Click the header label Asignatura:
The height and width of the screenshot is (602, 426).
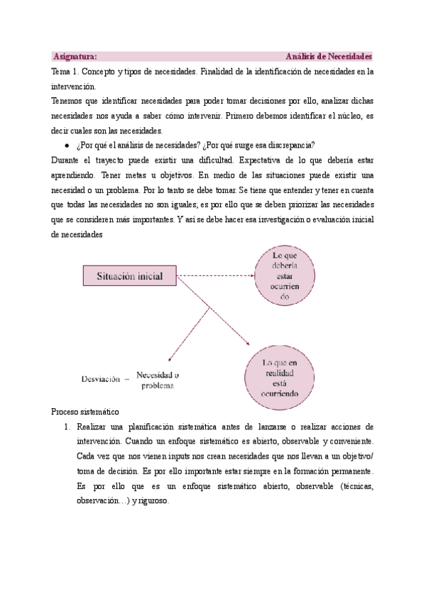point(76,56)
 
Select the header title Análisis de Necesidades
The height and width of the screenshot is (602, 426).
point(329,56)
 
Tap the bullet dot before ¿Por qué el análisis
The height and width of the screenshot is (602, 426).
point(66,145)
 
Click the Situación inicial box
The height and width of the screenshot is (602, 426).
point(130,275)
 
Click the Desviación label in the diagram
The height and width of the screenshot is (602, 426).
point(100,379)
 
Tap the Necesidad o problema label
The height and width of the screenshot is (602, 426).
point(157,380)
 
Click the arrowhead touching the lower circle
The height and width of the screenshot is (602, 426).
point(248,345)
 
